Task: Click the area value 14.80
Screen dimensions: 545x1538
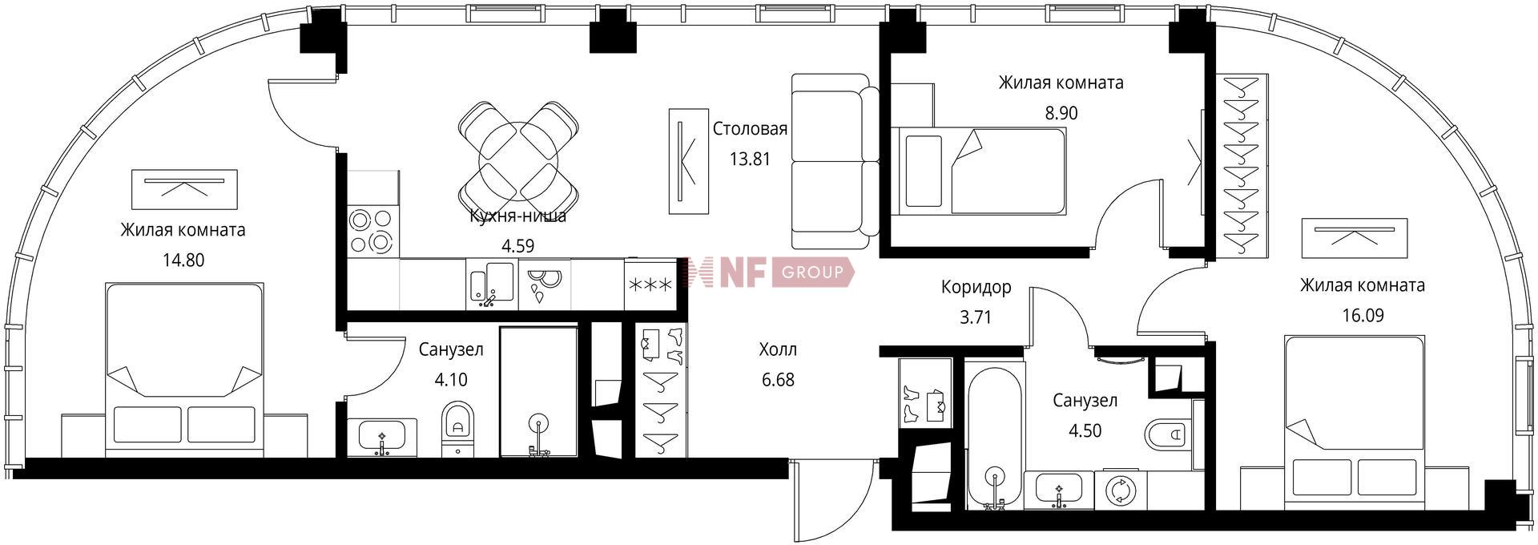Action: tap(183, 260)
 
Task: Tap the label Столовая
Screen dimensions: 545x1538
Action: tap(750, 129)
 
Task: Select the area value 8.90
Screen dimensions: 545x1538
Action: tap(1061, 113)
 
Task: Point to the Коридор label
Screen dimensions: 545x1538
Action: tap(976, 287)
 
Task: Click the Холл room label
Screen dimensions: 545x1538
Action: tap(778, 349)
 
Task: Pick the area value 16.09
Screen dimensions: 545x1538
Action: tap(1363, 316)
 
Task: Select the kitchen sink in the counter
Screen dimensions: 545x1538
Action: tap(491, 285)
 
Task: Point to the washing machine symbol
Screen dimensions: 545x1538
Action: tap(1119, 490)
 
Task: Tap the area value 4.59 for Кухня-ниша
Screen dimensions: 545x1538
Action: tap(517, 246)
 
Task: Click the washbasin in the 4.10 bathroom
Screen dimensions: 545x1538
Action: tap(381, 437)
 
